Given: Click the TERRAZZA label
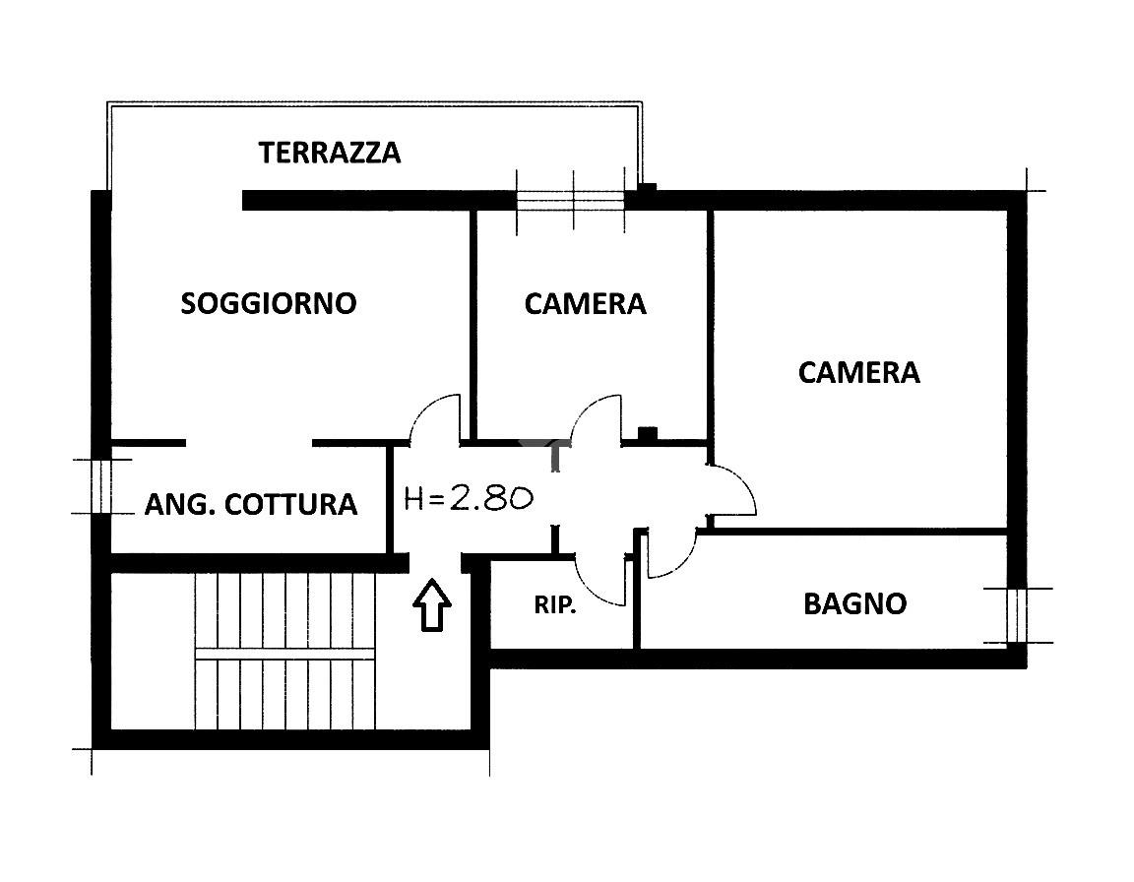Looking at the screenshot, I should coord(330,153).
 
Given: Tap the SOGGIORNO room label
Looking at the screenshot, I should coord(268,303).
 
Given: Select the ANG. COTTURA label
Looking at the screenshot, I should coord(250,505).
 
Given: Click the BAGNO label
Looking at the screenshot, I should coord(854,603).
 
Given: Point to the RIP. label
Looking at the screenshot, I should coord(555,605).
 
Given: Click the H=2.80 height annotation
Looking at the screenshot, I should coord(470,498).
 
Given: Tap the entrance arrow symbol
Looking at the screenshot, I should coord(431,604).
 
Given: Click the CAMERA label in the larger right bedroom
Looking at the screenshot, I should coord(858,373).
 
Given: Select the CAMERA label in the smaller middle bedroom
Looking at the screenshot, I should coord(585,303).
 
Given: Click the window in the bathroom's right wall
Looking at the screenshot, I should coord(1016,615).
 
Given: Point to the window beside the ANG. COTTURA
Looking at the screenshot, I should coord(100,485).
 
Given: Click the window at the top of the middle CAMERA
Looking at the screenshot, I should coord(571,201).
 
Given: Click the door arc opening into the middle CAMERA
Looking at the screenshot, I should coord(596,417).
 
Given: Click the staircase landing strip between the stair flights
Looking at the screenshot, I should coord(285,653).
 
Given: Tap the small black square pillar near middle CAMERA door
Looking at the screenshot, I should coord(648,433).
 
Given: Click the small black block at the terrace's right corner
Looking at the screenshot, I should coord(648,188).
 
